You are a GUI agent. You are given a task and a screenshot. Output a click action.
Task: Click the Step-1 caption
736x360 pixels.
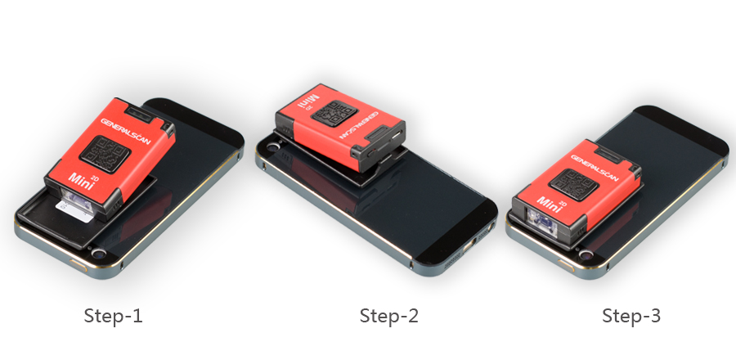113,316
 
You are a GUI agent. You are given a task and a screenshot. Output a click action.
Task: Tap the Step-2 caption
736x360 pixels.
388,316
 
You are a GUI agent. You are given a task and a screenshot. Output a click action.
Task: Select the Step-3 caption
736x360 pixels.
631,316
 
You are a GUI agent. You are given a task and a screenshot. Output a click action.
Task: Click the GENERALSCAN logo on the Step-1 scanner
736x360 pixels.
125,132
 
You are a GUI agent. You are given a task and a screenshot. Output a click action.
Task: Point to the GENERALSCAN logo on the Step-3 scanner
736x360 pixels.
595,168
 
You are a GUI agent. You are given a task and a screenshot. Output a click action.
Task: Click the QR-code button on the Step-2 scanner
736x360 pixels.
334,114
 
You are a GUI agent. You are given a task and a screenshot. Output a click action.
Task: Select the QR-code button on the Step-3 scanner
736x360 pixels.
573,184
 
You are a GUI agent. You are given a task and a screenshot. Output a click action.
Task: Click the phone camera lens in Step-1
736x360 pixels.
99,254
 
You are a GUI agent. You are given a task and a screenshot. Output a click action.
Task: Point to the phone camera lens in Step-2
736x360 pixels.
272,146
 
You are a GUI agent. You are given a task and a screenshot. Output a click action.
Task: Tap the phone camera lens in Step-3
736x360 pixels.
586,255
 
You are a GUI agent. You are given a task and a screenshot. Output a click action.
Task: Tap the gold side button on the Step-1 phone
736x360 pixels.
79,264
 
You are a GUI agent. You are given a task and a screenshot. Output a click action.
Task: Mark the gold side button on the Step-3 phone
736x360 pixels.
567,265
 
